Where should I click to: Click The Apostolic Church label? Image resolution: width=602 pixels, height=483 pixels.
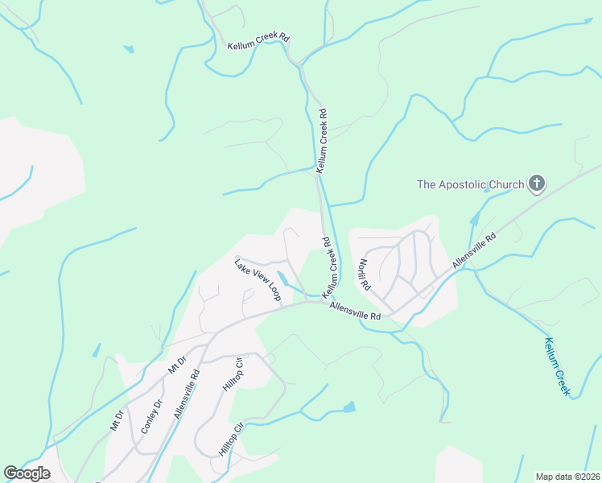click(x=470, y=185)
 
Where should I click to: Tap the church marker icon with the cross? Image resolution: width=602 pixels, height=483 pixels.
click(x=536, y=184)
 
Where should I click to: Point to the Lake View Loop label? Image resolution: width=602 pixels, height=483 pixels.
click(x=257, y=279)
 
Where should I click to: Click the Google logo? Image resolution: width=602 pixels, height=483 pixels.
click(x=27, y=473)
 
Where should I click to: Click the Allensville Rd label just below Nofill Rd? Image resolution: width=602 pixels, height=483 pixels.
click(x=354, y=311)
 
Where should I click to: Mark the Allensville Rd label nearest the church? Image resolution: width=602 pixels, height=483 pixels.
click(x=474, y=250)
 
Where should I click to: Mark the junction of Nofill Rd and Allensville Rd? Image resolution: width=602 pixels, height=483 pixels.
click(x=384, y=308)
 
